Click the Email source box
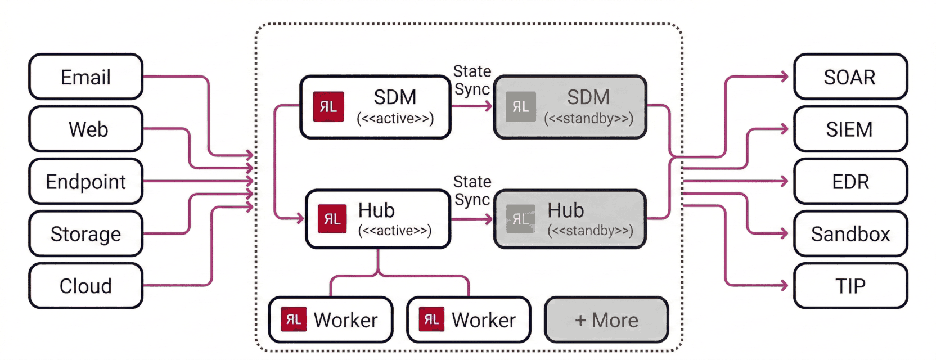tap(85, 77)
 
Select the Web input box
tap(85, 129)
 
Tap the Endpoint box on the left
tap(85, 182)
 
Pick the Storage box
tap(85, 234)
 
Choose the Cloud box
tap(85, 286)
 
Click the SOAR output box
tap(850, 77)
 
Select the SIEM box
tap(850, 129)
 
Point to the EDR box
tap(850, 182)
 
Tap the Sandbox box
tap(850, 234)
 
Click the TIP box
tap(850, 286)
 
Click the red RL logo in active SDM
tap(328, 107)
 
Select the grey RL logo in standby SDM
tap(521, 107)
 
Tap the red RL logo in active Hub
tap(332, 219)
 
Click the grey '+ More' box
tap(606, 320)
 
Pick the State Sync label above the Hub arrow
tap(472, 191)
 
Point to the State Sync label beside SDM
tap(472, 80)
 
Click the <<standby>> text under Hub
tap(590, 231)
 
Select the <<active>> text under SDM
tap(395, 119)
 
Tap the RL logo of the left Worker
tap(294, 319)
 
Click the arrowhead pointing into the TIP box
tap(784, 285)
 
